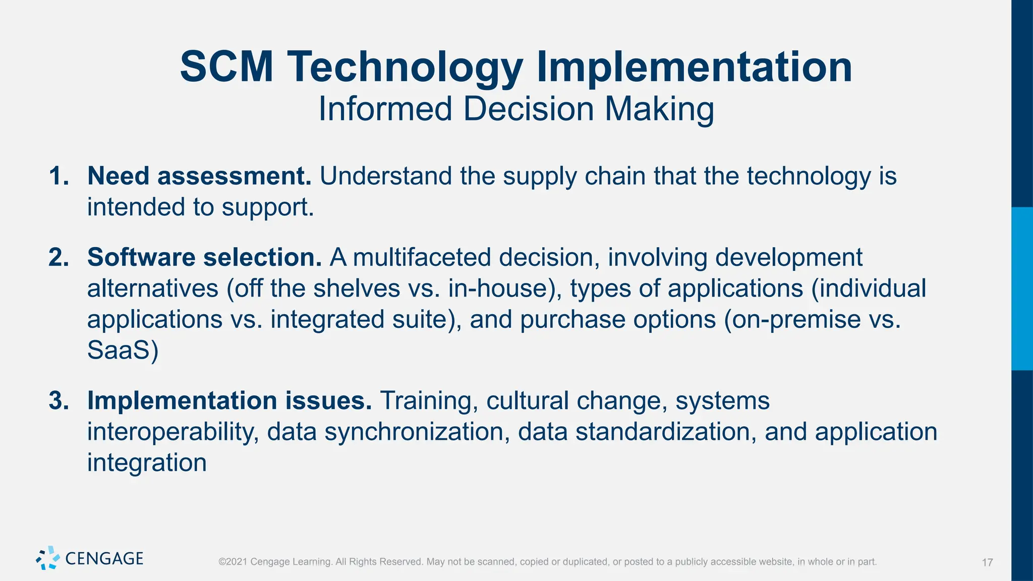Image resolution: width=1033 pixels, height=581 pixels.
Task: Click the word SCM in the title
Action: (226, 67)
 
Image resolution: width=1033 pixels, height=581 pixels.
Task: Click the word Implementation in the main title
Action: (694, 67)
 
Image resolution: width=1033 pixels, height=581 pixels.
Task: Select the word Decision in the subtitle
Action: (528, 109)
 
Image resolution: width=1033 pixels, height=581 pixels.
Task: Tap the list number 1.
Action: (58, 177)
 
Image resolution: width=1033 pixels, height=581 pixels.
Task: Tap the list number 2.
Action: (58, 258)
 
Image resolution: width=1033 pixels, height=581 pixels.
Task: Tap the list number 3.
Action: (58, 401)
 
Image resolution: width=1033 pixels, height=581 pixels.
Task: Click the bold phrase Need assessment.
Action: (199, 177)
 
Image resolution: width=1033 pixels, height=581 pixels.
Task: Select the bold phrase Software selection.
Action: (204, 258)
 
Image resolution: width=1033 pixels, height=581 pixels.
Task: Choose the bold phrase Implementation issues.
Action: (229, 401)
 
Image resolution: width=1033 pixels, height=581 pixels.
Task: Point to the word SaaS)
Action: (123, 351)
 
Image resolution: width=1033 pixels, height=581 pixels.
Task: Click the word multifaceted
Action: (422, 258)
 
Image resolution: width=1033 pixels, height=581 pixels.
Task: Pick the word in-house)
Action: (505, 289)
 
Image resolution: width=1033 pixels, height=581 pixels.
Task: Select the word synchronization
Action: (416, 432)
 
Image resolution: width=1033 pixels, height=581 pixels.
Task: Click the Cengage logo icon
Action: (48, 558)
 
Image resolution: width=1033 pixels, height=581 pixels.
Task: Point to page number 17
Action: (987, 562)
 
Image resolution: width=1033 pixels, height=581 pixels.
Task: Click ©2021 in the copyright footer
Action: (233, 562)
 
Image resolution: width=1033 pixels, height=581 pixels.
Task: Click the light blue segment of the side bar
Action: (1022, 288)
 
